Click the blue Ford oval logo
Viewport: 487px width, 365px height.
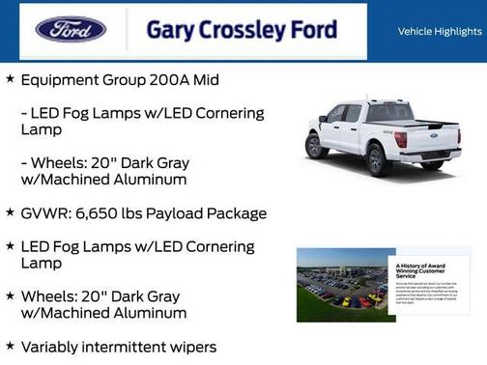[x=71, y=29]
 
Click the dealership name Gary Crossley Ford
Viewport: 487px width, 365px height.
[x=242, y=30]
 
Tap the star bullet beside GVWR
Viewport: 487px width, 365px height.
[x=10, y=212]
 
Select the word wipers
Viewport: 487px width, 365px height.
[x=190, y=347]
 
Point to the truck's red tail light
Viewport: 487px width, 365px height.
[x=400, y=139]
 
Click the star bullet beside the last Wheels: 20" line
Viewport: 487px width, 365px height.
[x=10, y=295]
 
